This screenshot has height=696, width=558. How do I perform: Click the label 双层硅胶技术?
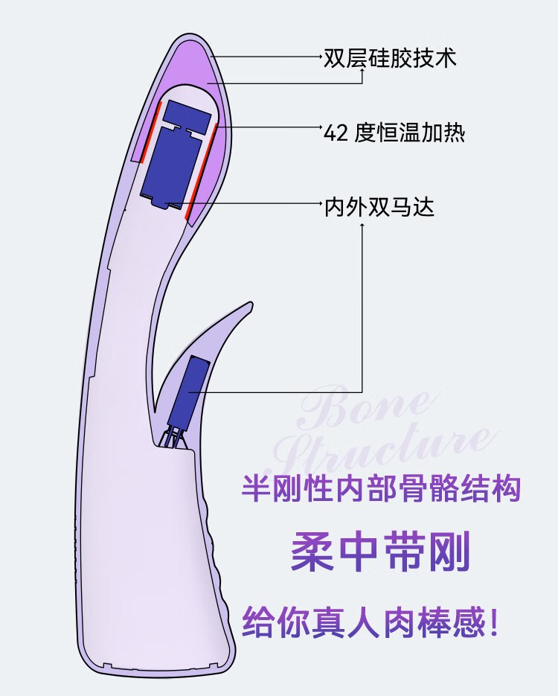tap(389, 57)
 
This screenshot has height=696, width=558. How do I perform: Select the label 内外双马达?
tap(379, 205)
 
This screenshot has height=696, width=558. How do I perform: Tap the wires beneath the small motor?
tap(175, 437)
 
